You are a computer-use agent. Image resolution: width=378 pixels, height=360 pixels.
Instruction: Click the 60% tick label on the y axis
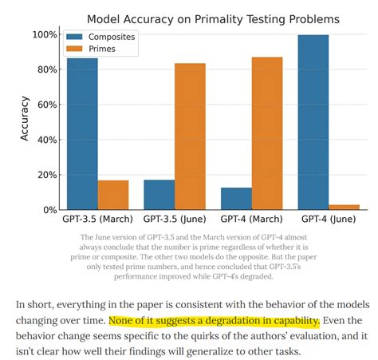45,105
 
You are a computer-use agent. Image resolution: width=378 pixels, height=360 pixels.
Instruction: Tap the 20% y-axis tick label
45,175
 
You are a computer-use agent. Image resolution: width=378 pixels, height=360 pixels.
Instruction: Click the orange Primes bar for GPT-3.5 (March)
113,195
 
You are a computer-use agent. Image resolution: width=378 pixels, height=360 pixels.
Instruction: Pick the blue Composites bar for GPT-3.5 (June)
159,195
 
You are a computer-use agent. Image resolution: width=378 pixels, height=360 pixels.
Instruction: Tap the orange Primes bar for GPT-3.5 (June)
190,136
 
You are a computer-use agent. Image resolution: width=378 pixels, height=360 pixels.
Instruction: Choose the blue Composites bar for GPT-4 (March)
236,199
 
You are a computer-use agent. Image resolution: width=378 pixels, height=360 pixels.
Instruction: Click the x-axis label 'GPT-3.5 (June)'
175,219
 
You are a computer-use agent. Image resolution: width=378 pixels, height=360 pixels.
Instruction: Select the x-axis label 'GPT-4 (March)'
251,219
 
